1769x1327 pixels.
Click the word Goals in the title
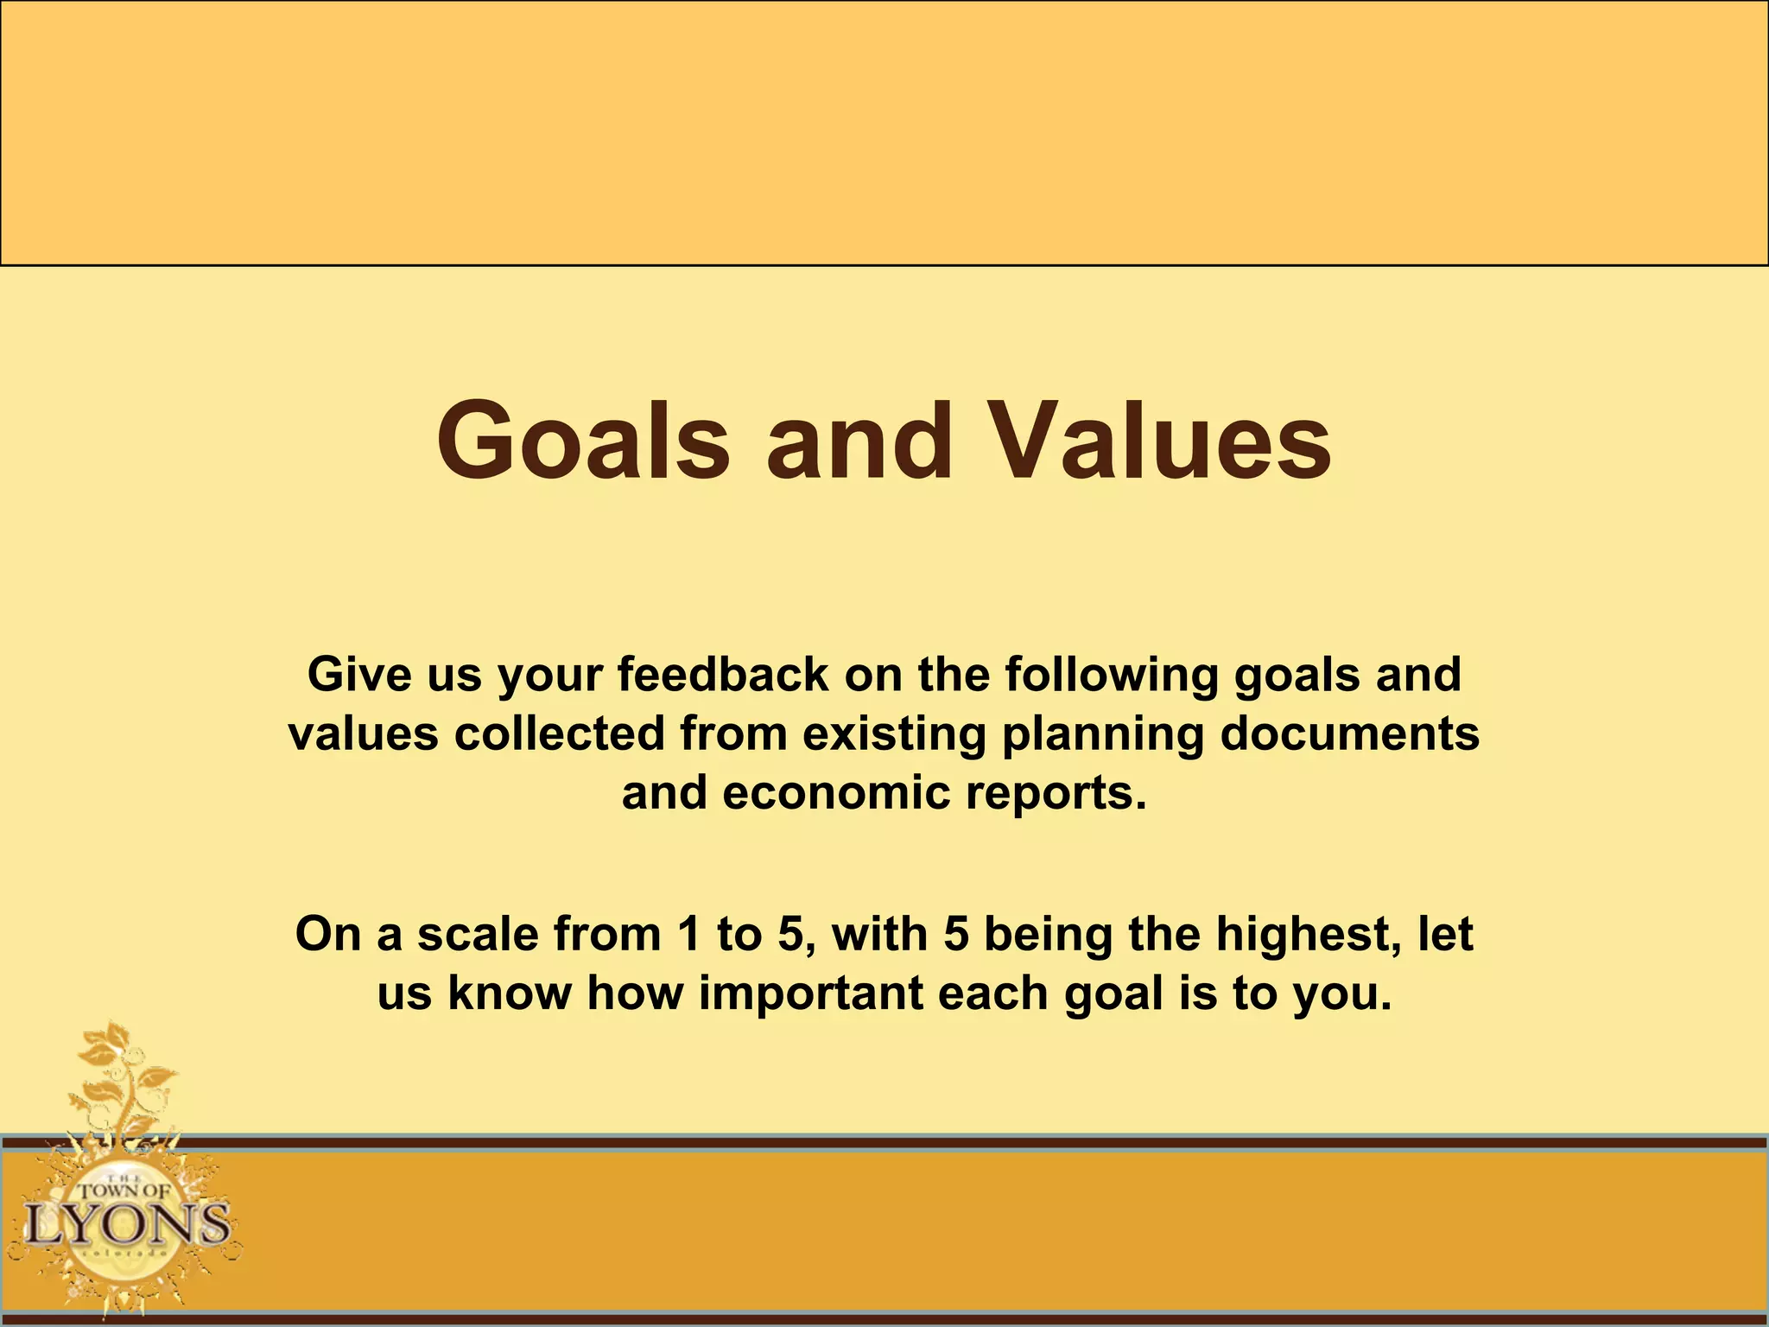pyautogui.click(x=584, y=442)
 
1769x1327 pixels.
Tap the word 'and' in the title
pyautogui.click(x=859, y=442)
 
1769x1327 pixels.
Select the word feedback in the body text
pyautogui.click(x=723, y=675)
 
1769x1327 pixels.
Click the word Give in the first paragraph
pyautogui.click(x=351, y=675)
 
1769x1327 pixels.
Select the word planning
pyautogui.click(x=1102, y=735)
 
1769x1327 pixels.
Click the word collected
pyautogui.click(x=560, y=733)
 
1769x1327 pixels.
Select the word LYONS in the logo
pyautogui.click(x=127, y=1225)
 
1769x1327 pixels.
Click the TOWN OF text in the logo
pyautogui.click(x=125, y=1190)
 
